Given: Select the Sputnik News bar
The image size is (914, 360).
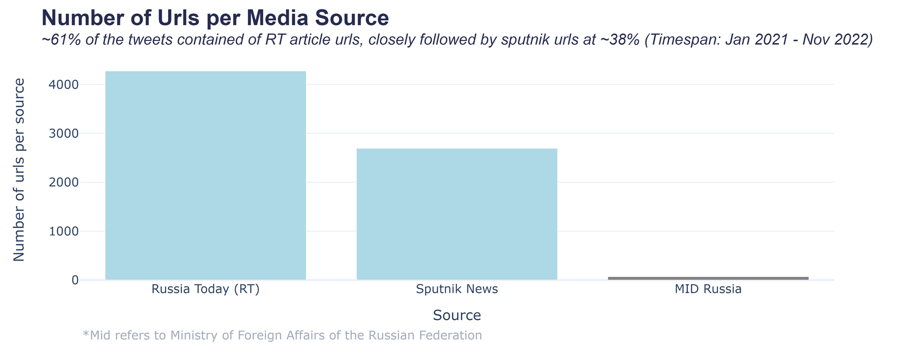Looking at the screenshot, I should tap(457, 214).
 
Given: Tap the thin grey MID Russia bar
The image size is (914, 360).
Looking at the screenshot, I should tap(708, 278).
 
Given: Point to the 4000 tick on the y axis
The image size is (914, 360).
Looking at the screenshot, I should tap(64, 85).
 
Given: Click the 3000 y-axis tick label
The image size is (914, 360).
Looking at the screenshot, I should tap(64, 134).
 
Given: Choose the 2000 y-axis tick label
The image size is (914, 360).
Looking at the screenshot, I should tap(64, 182).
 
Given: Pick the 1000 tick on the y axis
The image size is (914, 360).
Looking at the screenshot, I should tap(64, 231).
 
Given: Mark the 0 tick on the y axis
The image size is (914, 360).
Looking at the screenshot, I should tap(75, 280).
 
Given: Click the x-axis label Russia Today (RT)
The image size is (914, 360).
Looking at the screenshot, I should tap(205, 290).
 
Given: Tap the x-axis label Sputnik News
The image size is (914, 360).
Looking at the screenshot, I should tap(457, 290).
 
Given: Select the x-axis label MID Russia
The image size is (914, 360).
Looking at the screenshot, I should tap(708, 290).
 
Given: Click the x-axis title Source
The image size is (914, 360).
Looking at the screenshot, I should tap(457, 315).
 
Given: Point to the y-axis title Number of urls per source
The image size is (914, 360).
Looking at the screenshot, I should tap(19, 170).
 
